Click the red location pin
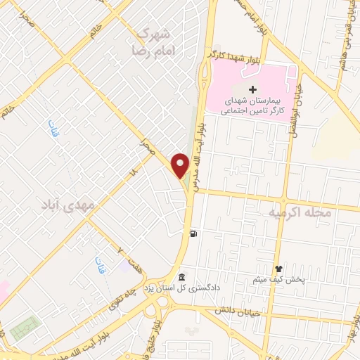[181, 165]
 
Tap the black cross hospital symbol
[252, 89]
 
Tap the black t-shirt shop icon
[278, 269]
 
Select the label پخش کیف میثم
[278, 281]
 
